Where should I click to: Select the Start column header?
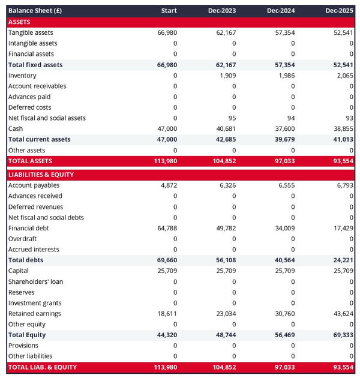point(169,11)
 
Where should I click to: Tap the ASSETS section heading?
point(19,22)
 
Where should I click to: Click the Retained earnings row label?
point(35,314)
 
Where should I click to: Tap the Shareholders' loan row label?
point(35,281)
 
